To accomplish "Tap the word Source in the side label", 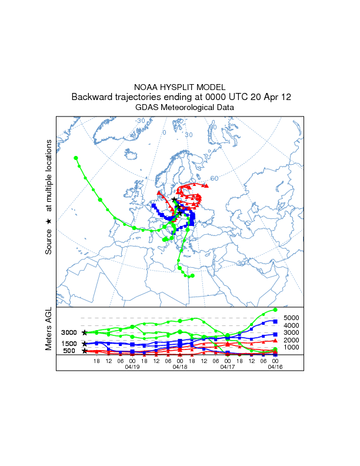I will (x=49, y=241).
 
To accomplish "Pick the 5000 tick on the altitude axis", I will (x=292, y=317).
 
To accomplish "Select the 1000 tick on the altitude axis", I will (x=292, y=347).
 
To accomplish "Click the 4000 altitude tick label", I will (x=292, y=325).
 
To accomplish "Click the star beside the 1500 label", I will (x=85, y=343).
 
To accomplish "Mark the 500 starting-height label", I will (x=69, y=351).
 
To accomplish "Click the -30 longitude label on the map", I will (x=140, y=121).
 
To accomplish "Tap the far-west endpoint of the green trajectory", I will (x=75, y=158).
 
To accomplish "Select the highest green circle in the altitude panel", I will (x=275, y=309).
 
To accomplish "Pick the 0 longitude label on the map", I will (x=165, y=132).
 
